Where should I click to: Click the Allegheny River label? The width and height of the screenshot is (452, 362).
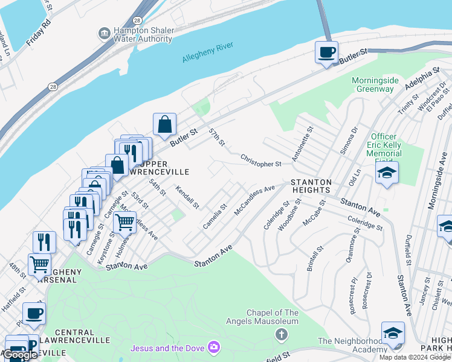207,52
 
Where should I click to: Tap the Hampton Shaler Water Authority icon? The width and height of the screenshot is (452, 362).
104,33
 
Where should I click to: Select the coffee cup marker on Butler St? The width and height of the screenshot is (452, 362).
326,52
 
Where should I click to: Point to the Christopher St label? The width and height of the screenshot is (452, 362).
261,160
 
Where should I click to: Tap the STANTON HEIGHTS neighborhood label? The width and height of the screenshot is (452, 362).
311,186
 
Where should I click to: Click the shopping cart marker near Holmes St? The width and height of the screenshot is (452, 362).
124,222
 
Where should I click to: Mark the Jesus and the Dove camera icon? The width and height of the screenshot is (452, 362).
213,348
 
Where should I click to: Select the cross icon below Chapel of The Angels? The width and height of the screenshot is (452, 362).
280,334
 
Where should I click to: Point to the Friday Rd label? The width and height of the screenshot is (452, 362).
36,36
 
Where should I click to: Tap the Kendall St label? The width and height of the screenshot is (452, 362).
187,197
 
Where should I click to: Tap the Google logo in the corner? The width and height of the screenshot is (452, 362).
20,355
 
